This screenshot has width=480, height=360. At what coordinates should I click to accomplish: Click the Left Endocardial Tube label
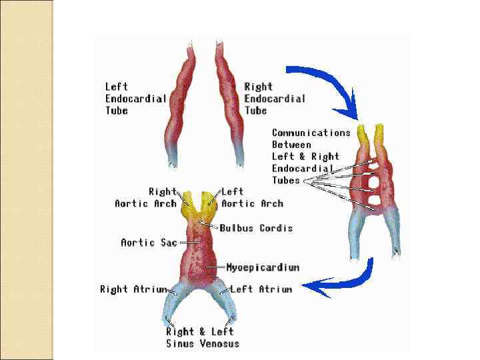tap(135, 99)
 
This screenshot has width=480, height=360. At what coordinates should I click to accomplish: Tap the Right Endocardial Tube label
tap(274, 99)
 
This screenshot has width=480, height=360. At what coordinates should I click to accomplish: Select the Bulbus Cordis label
tap(257, 228)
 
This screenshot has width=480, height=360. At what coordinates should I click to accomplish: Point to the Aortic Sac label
tap(149, 243)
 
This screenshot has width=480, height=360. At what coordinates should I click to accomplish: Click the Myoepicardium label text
tap(263, 267)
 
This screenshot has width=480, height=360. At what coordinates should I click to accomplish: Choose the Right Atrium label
tap(133, 289)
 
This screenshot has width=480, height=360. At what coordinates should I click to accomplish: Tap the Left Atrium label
tap(261, 289)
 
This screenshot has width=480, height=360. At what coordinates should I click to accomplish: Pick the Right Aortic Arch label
tap(145, 198)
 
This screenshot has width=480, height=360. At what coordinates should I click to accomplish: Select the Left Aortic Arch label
tap(252, 198)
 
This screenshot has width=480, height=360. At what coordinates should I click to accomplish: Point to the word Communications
tap(311, 133)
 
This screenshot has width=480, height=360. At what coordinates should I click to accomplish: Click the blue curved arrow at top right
tap(327, 83)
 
